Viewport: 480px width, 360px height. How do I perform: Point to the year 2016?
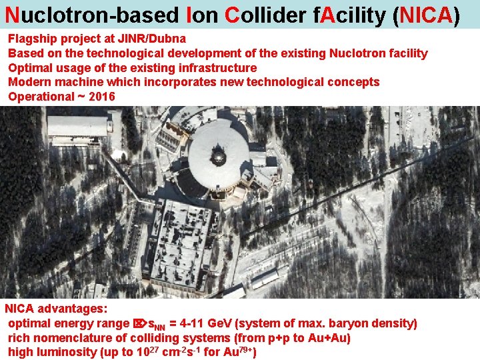click(101, 97)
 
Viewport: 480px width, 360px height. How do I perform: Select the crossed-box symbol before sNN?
click(139, 324)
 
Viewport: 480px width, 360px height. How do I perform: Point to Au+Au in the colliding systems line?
click(329, 337)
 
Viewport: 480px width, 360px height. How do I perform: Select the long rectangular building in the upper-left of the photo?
click(78, 126)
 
